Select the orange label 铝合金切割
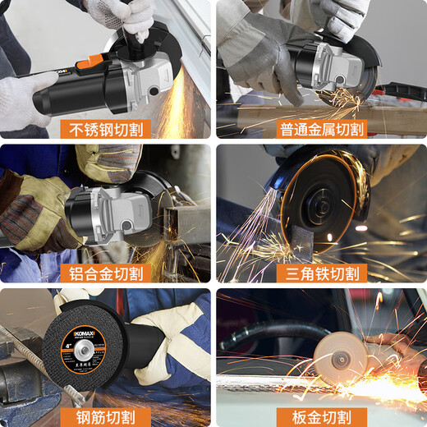[x=105, y=273]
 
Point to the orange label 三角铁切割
[x=320, y=273]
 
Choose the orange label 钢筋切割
[x=105, y=416]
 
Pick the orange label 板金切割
[x=320, y=416]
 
